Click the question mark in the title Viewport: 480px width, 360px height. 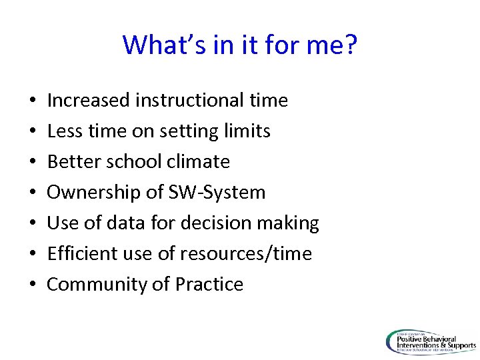tap(351, 45)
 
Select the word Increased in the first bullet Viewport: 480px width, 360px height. tap(89, 101)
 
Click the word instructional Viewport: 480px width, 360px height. tap(190, 101)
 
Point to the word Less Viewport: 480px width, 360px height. tap(63, 131)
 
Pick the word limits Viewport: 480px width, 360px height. tap(247, 131)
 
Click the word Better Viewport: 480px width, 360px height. tap(70, 162)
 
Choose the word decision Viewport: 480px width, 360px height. tap(223, 223)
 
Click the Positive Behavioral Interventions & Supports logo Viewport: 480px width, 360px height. tap(431, 341)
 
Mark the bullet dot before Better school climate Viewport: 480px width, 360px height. tap(33, 163)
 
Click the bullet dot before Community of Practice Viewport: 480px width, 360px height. tap(33, 285)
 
